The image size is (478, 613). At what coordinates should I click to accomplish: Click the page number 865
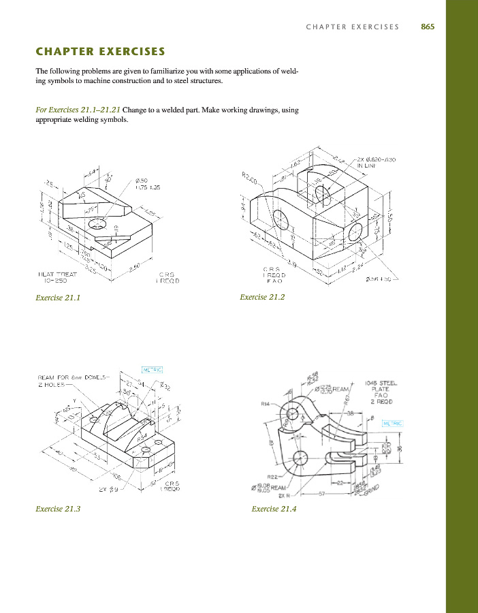[428, 27]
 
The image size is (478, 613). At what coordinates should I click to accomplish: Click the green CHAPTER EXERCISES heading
[100, 51]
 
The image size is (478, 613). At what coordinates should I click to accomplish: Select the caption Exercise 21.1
[58, 297]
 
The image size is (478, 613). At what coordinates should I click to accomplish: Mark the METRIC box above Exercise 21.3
[153, 370]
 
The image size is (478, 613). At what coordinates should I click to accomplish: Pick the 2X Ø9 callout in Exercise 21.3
[108, 489]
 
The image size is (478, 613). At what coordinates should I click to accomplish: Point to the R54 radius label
[142, 441]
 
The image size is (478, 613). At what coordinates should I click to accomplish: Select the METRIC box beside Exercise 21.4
[393, 423]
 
